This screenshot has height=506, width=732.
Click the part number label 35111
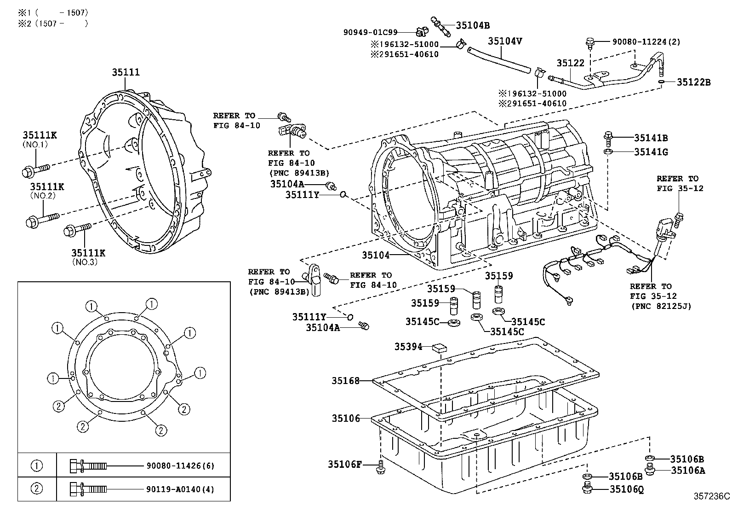coord(126,72)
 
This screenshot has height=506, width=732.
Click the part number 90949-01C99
coord(370,32)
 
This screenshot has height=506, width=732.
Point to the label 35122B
coord(693,82)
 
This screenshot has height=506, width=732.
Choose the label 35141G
coord(651,152)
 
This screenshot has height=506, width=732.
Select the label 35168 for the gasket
coord(346,381)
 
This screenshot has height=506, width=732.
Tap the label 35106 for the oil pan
coord(346,418)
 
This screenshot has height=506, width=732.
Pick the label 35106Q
coord(626,489)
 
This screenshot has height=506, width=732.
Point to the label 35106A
coord(687,470)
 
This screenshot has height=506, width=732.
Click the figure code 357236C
coord(711,496)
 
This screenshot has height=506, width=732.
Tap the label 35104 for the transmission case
coord(375,255)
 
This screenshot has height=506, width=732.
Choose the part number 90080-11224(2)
coord(646,41)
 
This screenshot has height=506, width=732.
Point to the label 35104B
coord(473,25)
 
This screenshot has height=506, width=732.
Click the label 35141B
coord(651,137)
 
